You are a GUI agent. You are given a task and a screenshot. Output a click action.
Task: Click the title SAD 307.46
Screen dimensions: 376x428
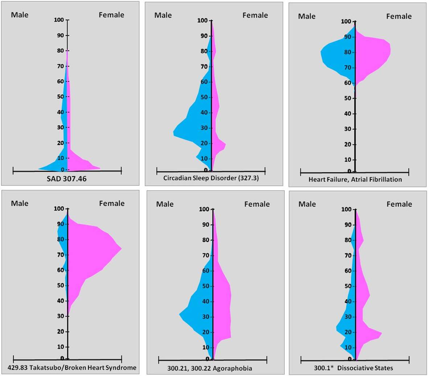[67, 178]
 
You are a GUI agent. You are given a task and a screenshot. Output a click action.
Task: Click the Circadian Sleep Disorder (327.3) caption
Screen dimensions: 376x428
[211, 178]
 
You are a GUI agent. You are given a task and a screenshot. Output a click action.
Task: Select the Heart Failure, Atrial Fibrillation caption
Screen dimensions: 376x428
[355, 179]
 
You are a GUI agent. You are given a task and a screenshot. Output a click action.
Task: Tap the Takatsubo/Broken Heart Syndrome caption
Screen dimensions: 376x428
[72, 368]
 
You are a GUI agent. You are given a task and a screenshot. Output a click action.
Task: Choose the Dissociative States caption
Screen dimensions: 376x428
[353, 368]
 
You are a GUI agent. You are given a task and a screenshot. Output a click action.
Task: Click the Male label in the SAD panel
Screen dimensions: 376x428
[20, 15]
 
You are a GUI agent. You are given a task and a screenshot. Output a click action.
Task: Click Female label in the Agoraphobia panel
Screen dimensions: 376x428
[257, 204]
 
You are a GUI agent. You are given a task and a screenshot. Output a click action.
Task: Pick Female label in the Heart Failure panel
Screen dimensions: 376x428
[399, 16]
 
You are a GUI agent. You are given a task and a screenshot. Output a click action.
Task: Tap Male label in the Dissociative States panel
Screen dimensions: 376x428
[307, 204]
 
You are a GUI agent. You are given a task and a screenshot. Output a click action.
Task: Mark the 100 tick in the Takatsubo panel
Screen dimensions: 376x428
[59, 209]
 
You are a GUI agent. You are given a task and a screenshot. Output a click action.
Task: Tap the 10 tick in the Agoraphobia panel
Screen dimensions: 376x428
[206, 348]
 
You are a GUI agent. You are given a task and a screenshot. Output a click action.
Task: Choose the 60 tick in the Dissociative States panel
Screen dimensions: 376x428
[348, 271]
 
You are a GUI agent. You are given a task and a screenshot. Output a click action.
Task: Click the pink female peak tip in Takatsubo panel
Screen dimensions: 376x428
[122, 249]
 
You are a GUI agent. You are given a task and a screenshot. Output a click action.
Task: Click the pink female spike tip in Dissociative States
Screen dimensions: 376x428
[382, 333]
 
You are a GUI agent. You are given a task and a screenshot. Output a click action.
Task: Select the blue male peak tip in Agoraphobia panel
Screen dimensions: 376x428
[179, 314]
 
